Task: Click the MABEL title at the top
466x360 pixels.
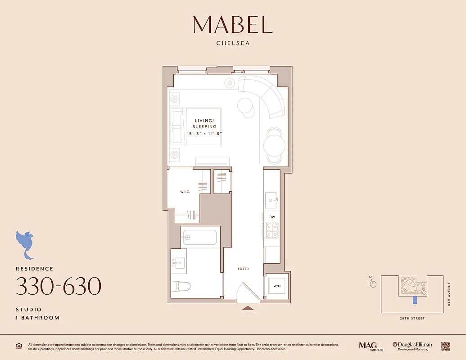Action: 233,25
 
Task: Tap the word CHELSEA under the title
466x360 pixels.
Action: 233,44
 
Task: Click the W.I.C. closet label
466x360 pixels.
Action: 185,192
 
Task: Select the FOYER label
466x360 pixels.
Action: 243,269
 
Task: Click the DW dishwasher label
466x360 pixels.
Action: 272,217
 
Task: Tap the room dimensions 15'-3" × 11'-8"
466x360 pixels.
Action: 205,134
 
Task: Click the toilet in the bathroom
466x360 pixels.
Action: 181,286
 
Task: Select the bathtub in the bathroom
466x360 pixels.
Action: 200,237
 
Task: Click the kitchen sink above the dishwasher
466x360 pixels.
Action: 271,198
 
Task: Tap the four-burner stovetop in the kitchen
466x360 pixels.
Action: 272,230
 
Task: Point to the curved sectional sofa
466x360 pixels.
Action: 268,97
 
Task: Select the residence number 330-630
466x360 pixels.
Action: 59,286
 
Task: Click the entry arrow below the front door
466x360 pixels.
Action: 248,308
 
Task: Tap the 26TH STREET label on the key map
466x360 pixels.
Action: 412,319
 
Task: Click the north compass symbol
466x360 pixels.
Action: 372,283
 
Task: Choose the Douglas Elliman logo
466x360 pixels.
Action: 412,346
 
